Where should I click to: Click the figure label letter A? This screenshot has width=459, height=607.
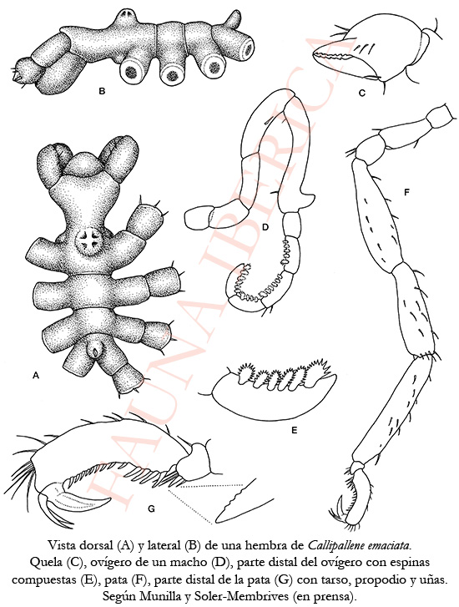click(36, 375)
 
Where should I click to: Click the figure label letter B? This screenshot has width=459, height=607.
click(102, 92)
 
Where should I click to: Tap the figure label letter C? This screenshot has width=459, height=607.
click(362, 93)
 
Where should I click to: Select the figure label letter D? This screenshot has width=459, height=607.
click(265, 227)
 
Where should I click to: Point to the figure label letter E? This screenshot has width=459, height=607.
click(294, 430)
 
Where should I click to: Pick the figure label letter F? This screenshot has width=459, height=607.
click(406, 191)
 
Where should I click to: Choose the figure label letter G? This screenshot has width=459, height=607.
click(151, 508)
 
